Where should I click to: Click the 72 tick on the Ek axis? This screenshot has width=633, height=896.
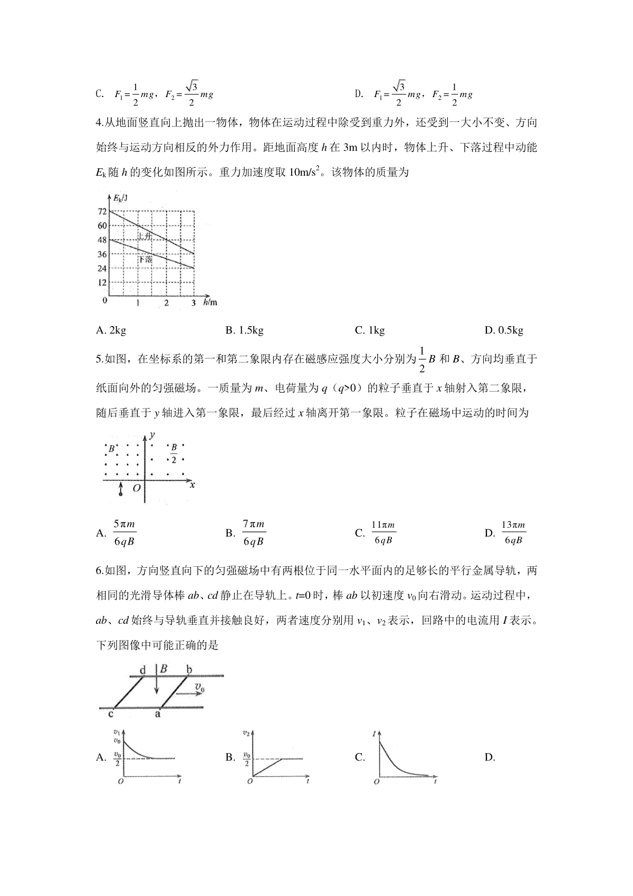click(102, 212)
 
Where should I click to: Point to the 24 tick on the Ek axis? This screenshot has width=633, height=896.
click(102, 269)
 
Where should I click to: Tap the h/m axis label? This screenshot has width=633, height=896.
click(210, 303)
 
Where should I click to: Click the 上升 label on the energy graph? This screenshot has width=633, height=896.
click(145, 236)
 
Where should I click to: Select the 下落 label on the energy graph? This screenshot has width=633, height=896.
click(145, 260)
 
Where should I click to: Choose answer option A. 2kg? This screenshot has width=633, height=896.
click(111, 331)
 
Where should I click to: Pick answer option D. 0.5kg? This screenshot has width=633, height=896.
click(504, 331)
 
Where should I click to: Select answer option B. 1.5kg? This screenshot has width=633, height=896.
click(244, 331)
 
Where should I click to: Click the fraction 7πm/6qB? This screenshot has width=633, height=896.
click(253, 533)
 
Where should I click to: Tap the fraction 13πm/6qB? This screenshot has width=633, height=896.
click(513, 533)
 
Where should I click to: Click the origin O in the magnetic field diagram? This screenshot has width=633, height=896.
click(136, 488)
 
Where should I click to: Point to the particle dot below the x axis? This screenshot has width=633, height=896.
click(121, 493)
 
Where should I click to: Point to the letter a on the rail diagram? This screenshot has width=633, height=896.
click(157, 714)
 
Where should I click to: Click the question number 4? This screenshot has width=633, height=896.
click(99, 123)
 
